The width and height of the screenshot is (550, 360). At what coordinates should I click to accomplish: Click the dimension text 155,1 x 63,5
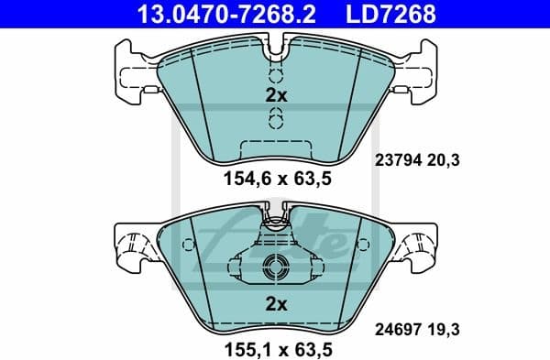click(276, 349)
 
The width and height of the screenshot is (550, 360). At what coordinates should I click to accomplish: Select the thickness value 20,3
click(445, 159)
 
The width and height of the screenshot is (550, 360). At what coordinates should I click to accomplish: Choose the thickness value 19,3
click(445, 324)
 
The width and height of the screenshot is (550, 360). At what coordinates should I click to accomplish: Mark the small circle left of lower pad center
click(189, 245)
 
